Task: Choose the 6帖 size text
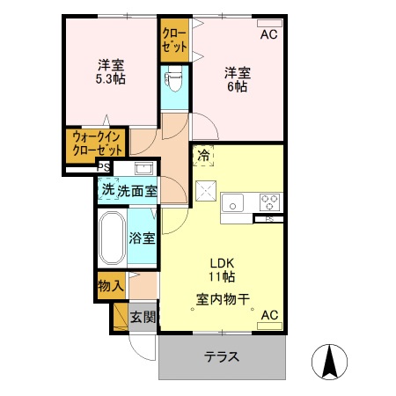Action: point(235,87)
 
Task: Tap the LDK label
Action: point(222,262)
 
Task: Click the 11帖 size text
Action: point(222,277)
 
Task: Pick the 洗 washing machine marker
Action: point(107,189)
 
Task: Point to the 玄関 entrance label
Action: point(143,317)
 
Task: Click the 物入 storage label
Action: point(110,286)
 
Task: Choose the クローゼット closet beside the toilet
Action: point(172,40)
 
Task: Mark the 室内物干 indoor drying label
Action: point(222,299)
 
